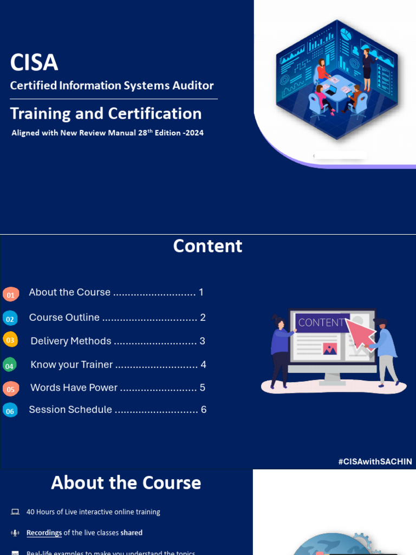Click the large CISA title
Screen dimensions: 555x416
pos(34,63)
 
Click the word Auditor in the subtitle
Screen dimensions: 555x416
pos(191,86)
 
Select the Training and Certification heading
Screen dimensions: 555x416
pos(106,114)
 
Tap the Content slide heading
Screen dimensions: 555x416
pos(207,246)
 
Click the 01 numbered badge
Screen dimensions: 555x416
pos(11,294)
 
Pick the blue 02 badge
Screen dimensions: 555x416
pos(10,319)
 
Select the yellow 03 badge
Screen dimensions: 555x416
pos(10,340)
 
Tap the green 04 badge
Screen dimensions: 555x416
pos(9,365)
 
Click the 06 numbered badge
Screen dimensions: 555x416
pos(10,411)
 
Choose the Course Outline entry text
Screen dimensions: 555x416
pos(64,318)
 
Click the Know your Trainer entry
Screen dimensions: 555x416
pos(71,365)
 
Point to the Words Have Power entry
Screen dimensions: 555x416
pos(74,388)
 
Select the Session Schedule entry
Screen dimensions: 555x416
pos(70,410)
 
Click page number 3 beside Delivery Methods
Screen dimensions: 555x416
pos(202,341)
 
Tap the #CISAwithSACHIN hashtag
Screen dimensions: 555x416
pos(375,462)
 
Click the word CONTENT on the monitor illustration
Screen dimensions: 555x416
pos(321,322)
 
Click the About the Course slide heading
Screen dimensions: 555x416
pos(126,483)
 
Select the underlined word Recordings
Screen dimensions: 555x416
pos(44,533)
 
